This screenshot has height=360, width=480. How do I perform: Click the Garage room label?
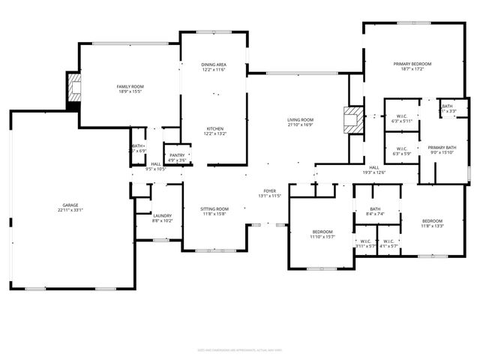(70, 205)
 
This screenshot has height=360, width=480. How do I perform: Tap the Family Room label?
(130, 87)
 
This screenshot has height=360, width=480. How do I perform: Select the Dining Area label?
(214, 65)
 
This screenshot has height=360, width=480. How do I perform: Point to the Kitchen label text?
(214, 128)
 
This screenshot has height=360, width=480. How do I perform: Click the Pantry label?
(177, 155)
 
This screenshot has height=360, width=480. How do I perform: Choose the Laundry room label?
(163, 215)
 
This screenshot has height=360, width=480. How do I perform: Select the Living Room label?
(300, 120)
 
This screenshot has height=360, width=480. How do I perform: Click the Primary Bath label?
(442, 148)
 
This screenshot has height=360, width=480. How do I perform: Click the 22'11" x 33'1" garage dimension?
(70, 210)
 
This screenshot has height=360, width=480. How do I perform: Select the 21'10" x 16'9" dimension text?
(300, 125)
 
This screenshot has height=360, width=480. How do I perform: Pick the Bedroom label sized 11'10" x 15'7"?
(322, 232)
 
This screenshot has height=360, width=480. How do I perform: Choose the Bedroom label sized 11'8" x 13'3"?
(432, 220)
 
